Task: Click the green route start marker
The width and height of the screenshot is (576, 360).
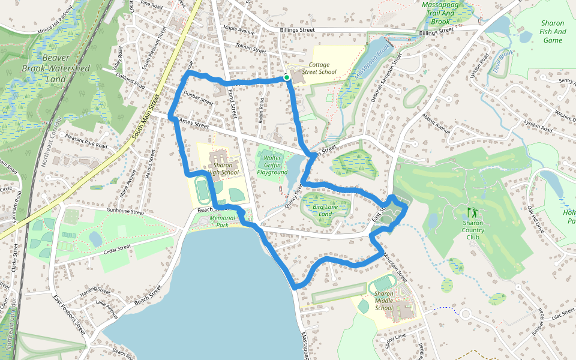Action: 287,77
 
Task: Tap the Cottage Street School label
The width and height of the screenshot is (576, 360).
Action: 323,68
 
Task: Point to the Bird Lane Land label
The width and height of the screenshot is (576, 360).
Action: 325,209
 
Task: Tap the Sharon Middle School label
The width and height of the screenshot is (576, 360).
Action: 384,301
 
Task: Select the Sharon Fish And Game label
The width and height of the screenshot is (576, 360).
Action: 552,31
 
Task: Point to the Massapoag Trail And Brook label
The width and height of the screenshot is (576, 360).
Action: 445,13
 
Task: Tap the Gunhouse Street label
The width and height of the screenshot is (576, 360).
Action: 126,211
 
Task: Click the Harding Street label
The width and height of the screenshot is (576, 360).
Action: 95,290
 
